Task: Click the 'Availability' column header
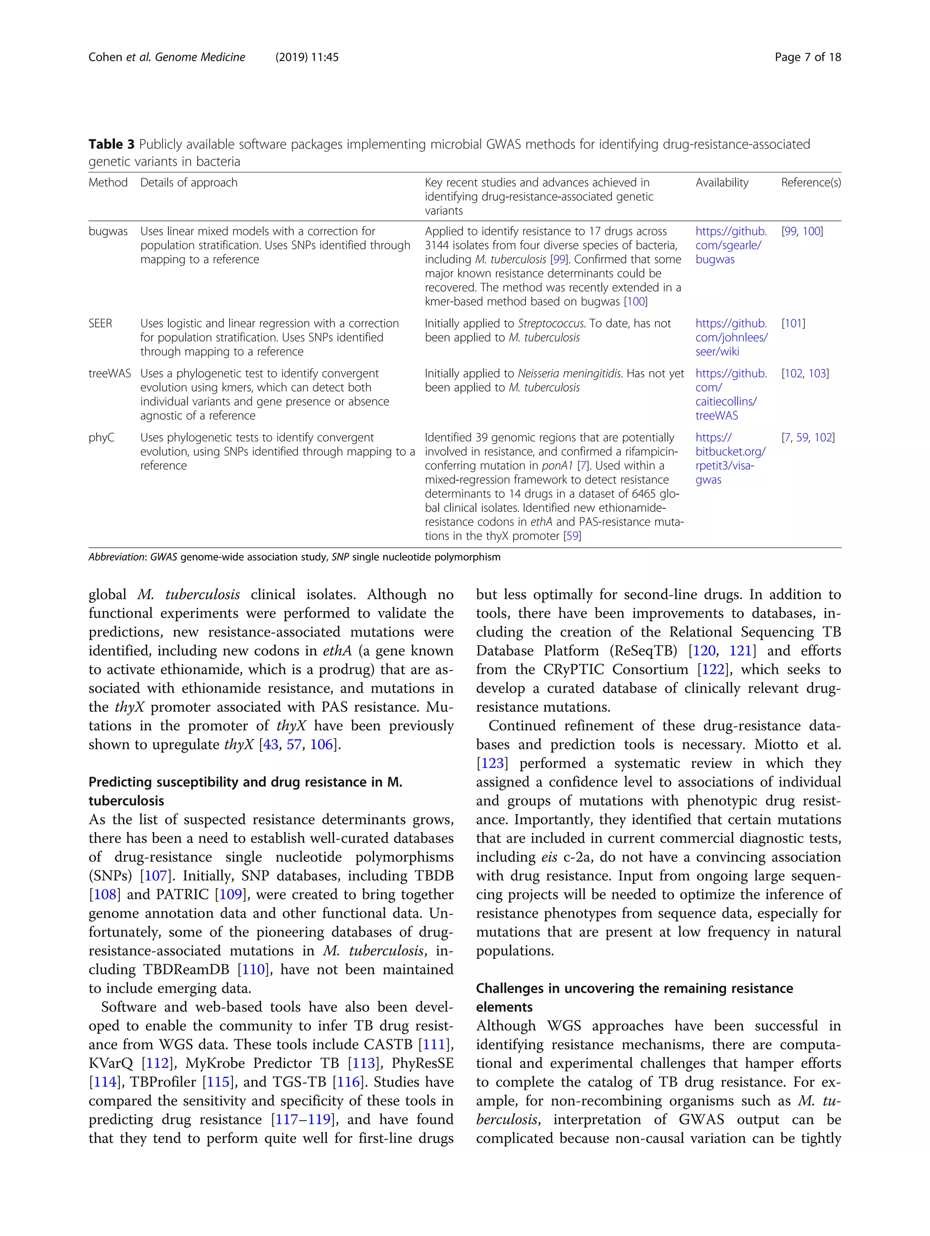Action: (x=722, y=183)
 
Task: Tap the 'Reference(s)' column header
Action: (x=811, y=183)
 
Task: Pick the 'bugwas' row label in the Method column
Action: (x=108, y=231)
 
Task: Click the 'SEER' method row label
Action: (x=100, y=323)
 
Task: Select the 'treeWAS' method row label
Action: (x=109, y=373)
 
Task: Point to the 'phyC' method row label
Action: (x=101, y=437)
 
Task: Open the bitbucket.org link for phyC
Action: (x=730, y=459)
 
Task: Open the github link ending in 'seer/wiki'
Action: (x=731, y=338)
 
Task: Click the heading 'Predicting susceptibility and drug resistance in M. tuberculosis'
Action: (x=245, y=791)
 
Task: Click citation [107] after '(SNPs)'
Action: (x=156, y=876)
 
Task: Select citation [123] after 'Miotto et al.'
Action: (x=491, y=763)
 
